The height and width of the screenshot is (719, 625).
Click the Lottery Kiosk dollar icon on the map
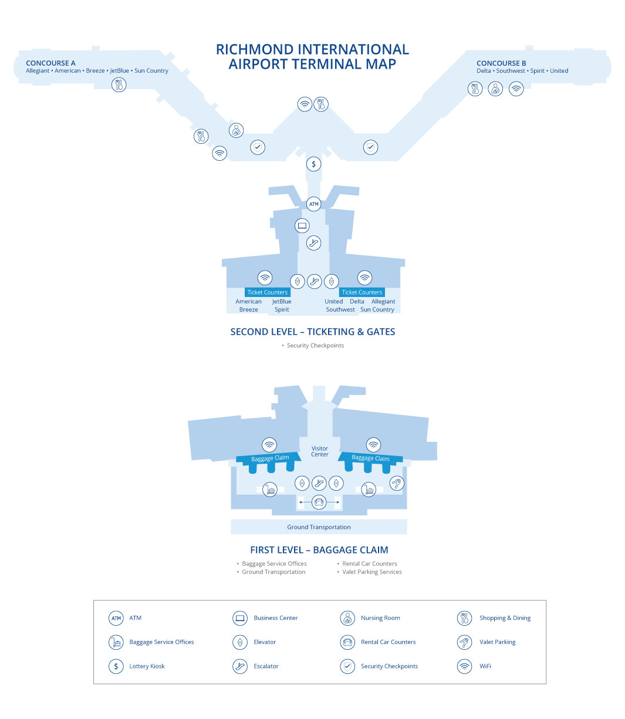314,164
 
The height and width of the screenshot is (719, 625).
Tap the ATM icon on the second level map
314,204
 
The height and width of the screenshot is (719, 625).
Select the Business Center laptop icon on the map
302,225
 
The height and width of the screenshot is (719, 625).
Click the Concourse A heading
50,63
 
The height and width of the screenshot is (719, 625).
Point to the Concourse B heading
501,63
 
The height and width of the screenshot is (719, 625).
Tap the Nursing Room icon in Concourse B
495,89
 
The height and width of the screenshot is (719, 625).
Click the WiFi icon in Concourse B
516,89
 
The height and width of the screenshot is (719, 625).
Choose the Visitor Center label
320,451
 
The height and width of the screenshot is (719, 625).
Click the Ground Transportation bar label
319,527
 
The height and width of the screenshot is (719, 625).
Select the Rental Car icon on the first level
319,502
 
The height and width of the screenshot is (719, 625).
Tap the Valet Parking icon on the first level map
397,484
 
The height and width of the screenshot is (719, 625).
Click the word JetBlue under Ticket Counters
282,301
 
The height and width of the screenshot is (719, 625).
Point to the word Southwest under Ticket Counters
340,309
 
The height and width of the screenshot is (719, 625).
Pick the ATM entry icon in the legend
116,618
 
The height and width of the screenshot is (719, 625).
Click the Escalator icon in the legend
240,666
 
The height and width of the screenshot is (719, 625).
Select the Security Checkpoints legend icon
347,666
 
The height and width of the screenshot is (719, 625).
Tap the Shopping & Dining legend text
505,618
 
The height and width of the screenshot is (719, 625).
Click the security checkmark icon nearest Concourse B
370,147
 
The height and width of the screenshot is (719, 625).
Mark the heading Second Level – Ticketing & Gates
313,332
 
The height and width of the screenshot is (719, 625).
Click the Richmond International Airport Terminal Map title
312,56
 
